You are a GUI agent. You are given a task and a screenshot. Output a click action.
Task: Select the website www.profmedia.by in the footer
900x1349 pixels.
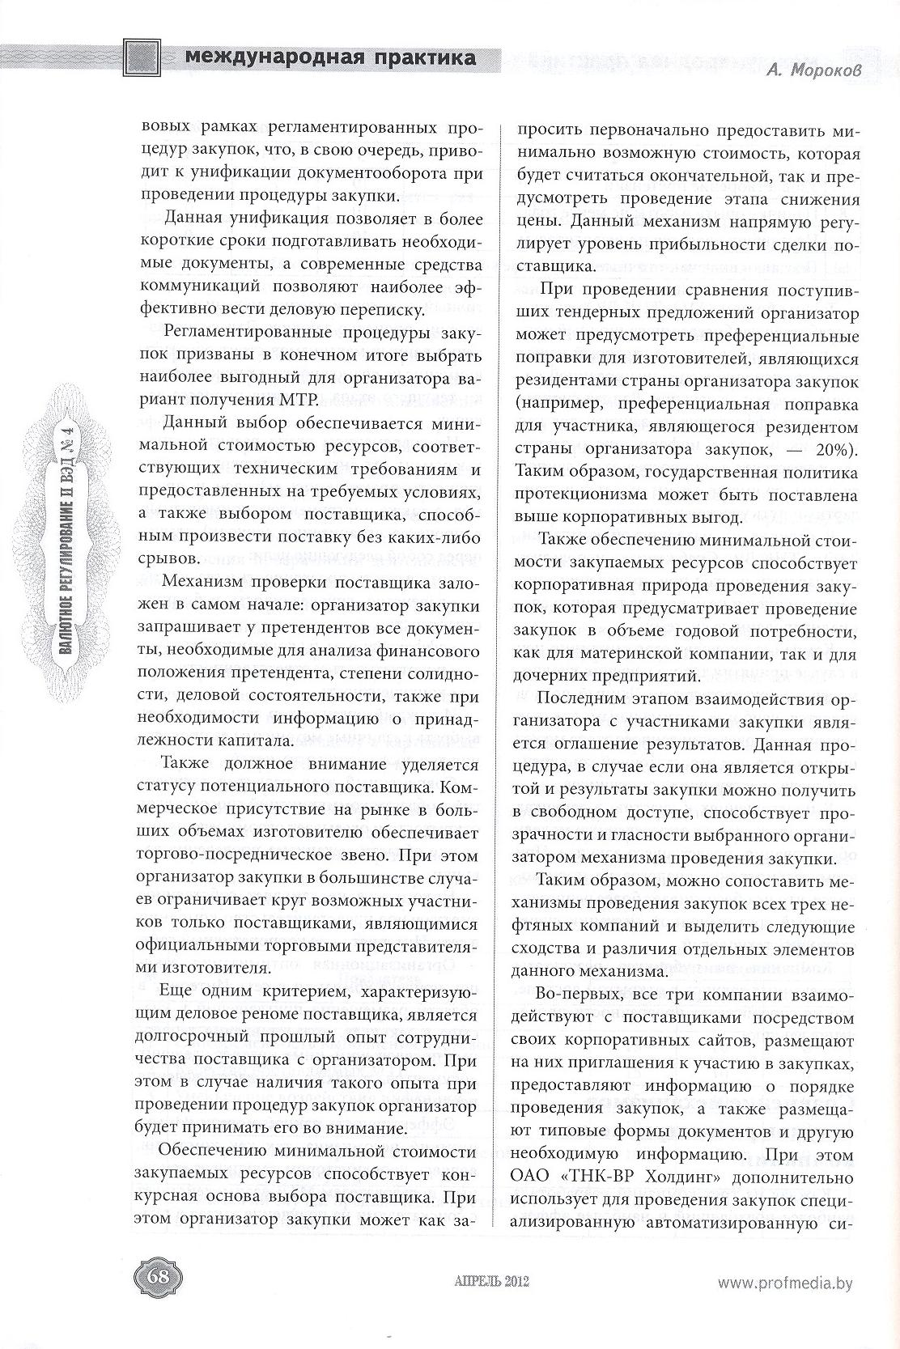785,1281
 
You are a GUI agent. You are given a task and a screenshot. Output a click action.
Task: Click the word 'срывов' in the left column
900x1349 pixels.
164,559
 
